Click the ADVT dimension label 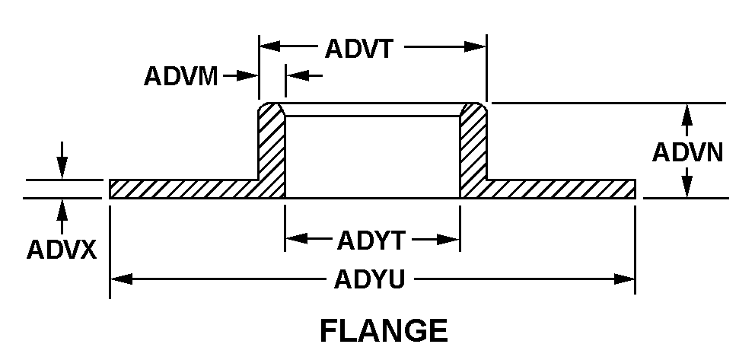click(359, 49)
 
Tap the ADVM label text click(181, 76)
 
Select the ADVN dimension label click(687, 152)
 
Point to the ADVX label click(62, 250)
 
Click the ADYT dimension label click(371, 241)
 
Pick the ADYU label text click(369, 279)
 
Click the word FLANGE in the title click(384, 331)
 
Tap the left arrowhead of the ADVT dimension click(270, 46)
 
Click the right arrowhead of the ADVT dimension click(475, 46)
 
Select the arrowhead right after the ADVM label click(248, 75)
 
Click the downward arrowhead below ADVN click(687, 186)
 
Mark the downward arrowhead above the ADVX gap click(62, 168)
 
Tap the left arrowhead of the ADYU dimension click(121, 279)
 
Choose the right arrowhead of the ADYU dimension click(625, 279)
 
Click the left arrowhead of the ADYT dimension click(296, 238)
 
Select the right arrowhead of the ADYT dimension click(449, 239)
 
